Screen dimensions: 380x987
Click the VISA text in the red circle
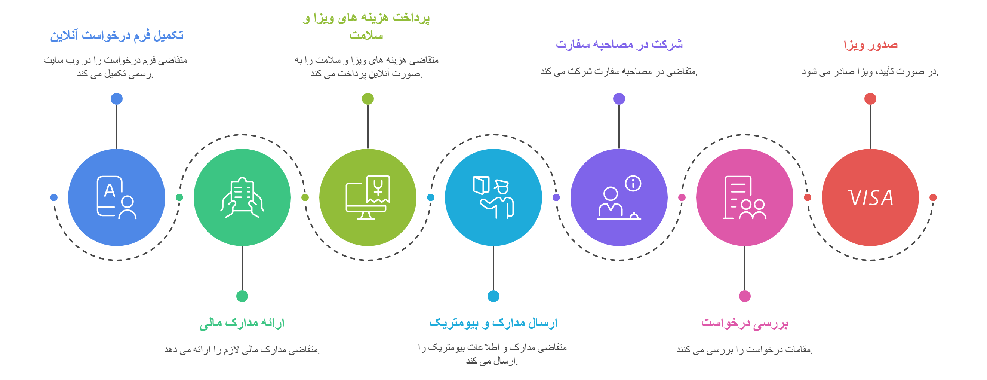click(x=870, y=198)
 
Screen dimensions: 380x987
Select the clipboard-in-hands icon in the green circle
click(x=242, y=198)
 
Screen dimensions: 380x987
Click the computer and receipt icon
click(x=368, y=198)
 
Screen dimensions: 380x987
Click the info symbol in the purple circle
click(x=633, y=183)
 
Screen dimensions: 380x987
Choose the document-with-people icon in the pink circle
click(x=744, y=198)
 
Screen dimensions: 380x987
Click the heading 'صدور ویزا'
click(x=870, y=45)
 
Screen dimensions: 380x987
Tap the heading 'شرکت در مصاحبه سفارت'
click(x=619, y=45)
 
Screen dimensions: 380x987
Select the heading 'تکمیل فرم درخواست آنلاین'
click(x=117, y=35)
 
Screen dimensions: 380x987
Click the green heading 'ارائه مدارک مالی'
click(x=242, y=323)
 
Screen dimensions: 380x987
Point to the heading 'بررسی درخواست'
click(x=744, y=323)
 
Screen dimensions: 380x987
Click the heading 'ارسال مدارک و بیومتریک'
click(x=493, y=323)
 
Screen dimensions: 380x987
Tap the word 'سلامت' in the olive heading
click(x=366, y=36)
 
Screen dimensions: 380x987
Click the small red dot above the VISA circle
click(x=870, y=99)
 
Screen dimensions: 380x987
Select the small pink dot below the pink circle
click(x=744, y=296)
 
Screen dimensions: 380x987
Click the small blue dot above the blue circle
click(x=117, y=99)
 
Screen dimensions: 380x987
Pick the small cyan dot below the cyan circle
click(x=493, y=296)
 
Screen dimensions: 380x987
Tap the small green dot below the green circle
click(x=242, y=296)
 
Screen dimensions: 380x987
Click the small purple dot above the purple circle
click(x=619, y=99)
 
